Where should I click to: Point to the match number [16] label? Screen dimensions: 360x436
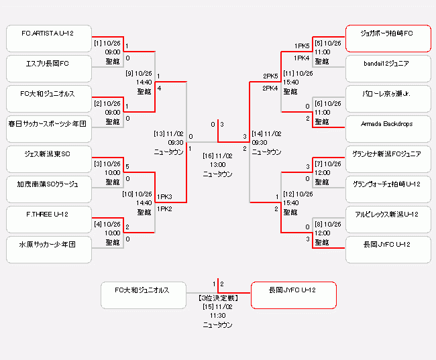pyautogui.click(x=208, y=156)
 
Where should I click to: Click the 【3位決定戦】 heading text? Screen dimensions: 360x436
pyautogui.click(x=217, y=297)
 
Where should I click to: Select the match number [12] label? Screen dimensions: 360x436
pyautogui.click(x=289, y=194)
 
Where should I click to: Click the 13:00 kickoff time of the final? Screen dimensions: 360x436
pyautogui.click(x=217, y=165)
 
